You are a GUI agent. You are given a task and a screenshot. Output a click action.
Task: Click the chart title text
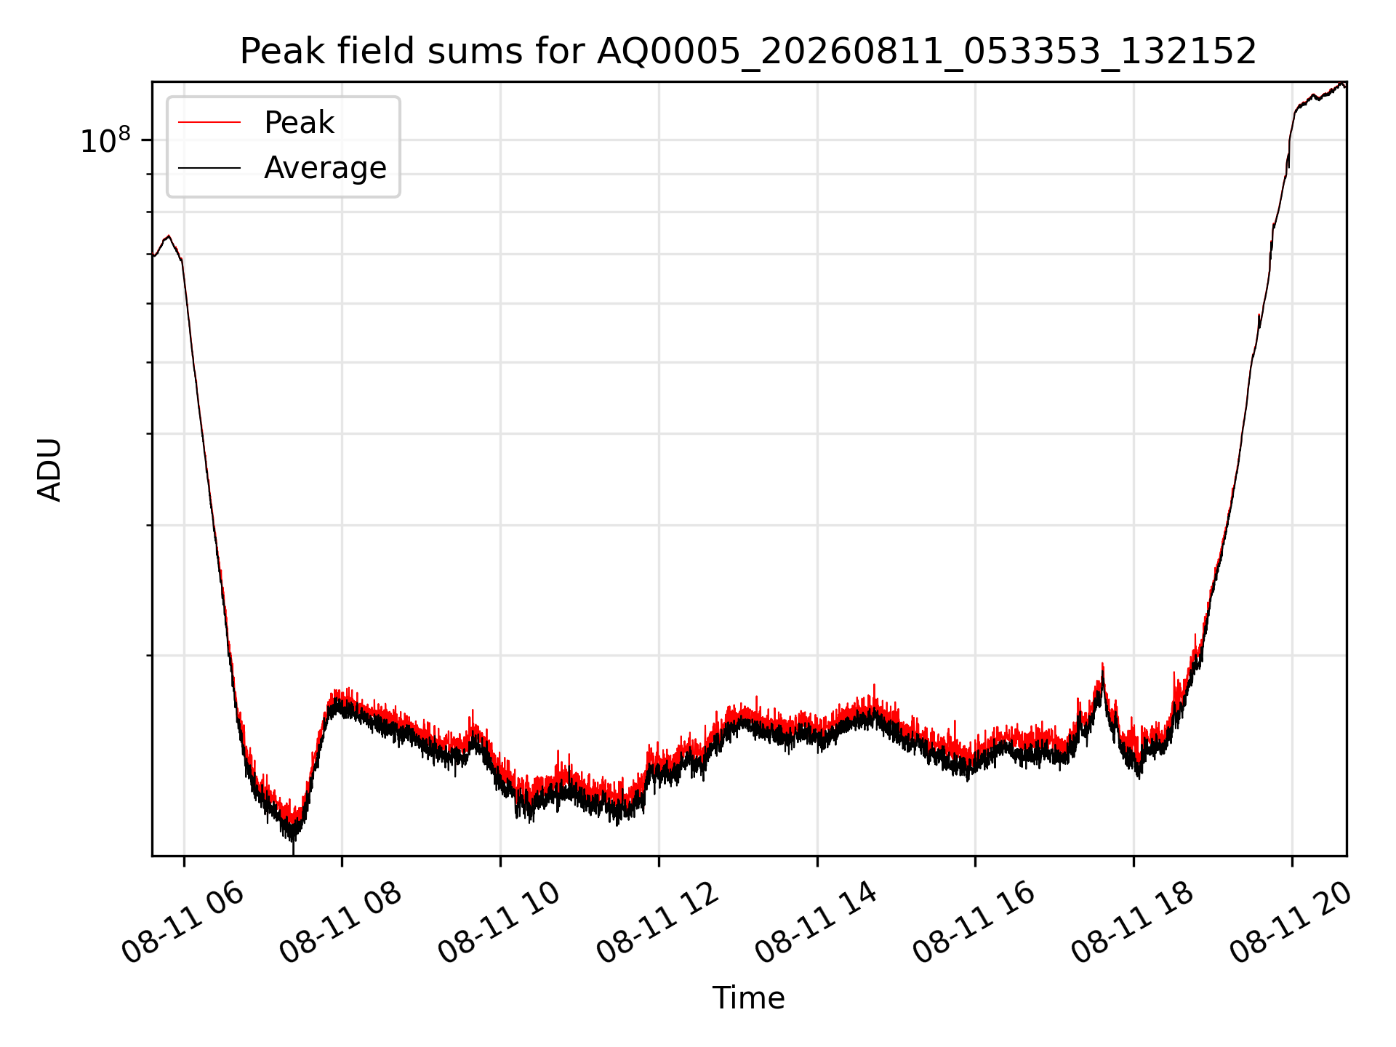coord(748,52)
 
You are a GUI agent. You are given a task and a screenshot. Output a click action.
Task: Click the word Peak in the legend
coord(299,123)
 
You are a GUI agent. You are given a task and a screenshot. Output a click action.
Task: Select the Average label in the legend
coord(325,168)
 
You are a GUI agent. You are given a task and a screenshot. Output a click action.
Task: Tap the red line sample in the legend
coord(209,123)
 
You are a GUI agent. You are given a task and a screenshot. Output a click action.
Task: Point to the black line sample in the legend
coord(209,168)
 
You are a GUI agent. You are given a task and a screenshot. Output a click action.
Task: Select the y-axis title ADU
coord(49,470)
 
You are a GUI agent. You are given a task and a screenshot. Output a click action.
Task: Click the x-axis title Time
coord(748,998)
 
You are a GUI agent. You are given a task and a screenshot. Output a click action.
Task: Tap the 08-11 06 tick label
coord(182,923)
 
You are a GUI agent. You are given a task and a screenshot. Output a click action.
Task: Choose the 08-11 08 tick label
coord(340,923)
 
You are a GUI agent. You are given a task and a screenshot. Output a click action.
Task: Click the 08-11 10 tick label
coord(499,923)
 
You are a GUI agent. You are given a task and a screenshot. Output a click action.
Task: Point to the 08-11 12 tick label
coord(657,923)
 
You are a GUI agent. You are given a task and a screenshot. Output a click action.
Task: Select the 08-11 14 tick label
coord(816,923)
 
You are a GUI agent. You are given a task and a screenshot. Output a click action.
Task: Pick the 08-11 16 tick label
coord(974,923)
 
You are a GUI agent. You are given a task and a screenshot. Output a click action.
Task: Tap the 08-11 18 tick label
coord(1132,923)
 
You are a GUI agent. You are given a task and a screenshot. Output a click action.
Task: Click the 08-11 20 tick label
coord(1291,923)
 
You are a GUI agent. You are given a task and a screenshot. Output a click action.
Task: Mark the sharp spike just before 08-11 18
coord(1102,665)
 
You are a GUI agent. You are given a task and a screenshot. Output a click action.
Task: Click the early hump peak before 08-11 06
coord(169,236)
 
